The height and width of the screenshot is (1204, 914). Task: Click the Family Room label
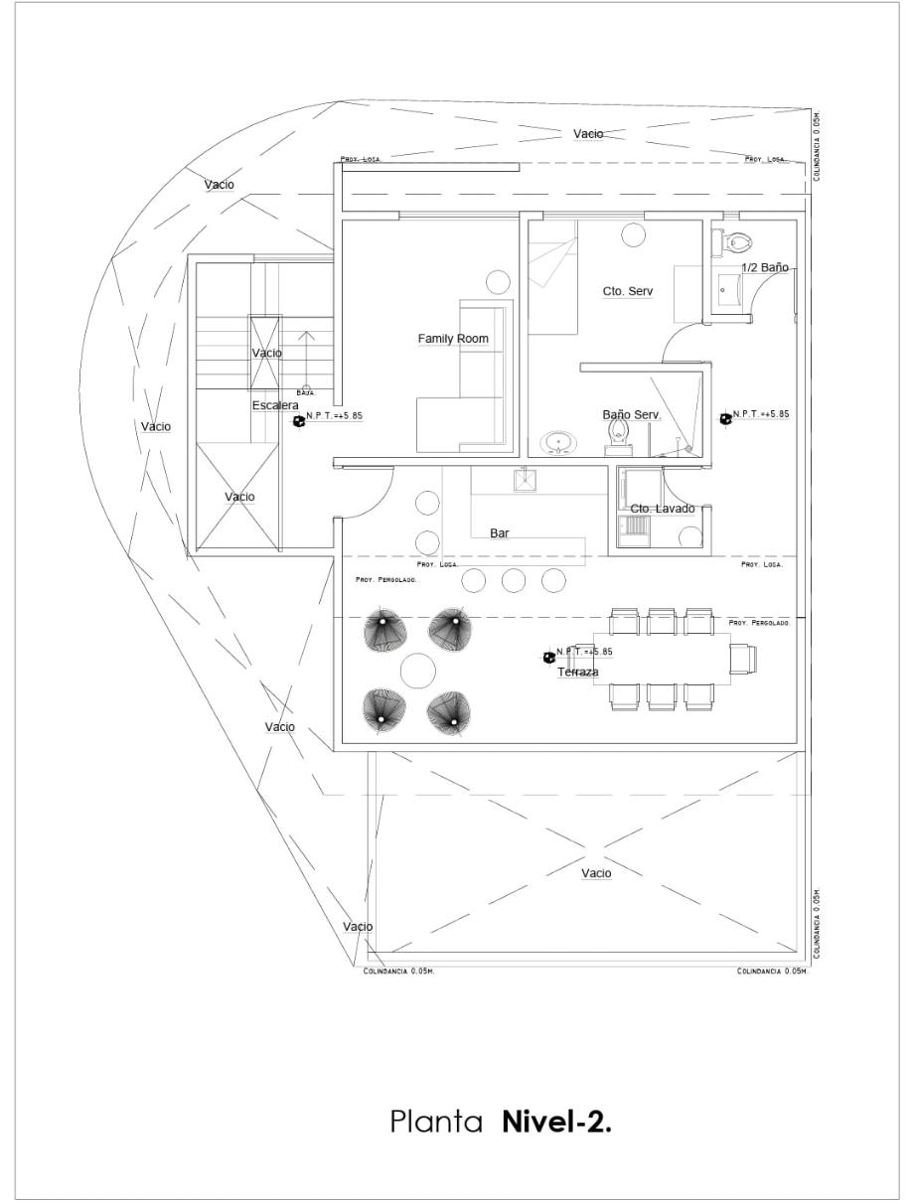[x=453, y=339]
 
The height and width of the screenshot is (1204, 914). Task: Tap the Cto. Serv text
[x=628, y=291]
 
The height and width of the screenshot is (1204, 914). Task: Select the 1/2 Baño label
[x=765, y=267]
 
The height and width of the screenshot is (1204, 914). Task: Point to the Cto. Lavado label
[x=663, y=509]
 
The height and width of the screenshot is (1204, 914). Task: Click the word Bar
[x=500, y=533]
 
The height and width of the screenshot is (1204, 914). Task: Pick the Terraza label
[x=577, y=673]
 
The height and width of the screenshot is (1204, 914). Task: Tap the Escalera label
[x=275, y=405]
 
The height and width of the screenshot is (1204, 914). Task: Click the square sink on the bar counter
[x=524, y=480]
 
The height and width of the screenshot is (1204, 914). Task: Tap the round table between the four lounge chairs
[x=418, y=672]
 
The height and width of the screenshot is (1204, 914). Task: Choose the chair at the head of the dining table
[x=742, y=659]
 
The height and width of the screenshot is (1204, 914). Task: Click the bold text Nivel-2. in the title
[x=557, y=1122]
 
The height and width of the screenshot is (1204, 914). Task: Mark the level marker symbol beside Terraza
[x=547, y=658]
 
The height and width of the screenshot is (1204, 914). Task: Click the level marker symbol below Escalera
[x=297, y=421]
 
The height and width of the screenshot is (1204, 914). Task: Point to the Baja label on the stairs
[x=306, y=393]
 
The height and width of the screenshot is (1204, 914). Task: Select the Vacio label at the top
[x=588, y=133]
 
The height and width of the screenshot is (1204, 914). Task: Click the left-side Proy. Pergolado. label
[x=385, y=578]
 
